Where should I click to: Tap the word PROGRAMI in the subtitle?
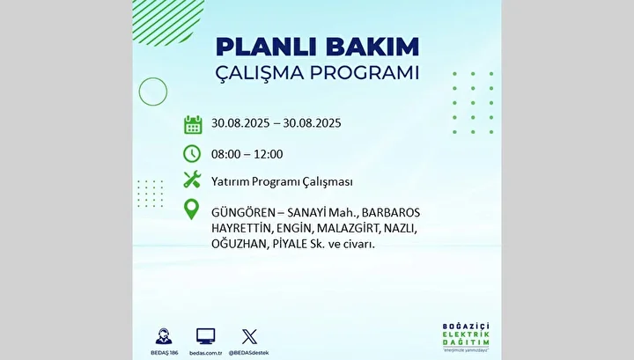(365, 73)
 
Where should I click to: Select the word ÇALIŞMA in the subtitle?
(259, 74)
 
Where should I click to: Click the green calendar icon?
(193, 124)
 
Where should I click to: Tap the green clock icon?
(192, 154)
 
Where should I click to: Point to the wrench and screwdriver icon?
(192, 179)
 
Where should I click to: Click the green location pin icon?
(192, 209)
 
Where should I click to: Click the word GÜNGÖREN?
(243, 212)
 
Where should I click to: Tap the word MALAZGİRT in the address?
(348, 228)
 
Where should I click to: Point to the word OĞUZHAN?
(239, 244)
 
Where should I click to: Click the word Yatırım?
(230, 181)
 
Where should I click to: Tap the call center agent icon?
(164, 336)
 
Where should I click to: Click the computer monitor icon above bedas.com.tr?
(206, 336)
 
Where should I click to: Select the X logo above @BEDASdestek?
(249, 336)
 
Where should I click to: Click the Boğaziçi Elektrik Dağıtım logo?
(466, 337)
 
